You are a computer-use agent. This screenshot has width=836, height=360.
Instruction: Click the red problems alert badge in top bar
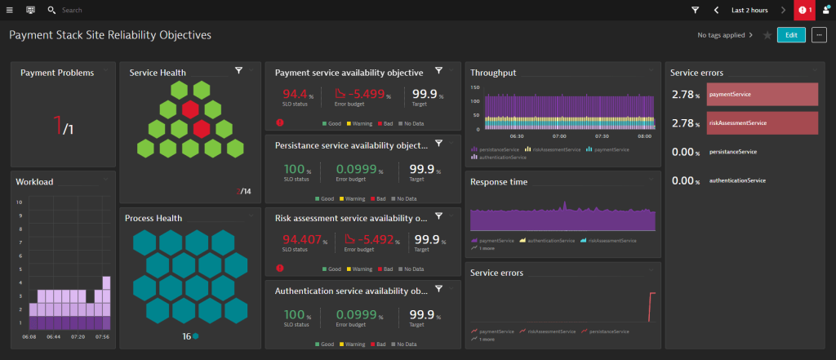804,10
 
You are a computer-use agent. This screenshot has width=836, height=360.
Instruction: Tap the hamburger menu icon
10,10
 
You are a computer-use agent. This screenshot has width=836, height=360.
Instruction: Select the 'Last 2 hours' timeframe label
749,11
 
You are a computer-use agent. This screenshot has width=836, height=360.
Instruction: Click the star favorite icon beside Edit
767,35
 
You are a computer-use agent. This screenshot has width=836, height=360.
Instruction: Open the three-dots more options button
819,35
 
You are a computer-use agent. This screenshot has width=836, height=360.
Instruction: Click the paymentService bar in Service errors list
762,95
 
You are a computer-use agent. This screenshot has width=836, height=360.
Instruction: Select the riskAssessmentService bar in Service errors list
762,123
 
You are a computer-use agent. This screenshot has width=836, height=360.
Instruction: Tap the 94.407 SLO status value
300,240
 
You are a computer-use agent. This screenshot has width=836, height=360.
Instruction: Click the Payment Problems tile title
56,73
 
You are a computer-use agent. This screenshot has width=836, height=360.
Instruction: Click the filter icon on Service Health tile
238,71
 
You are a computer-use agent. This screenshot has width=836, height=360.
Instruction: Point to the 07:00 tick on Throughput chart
559,137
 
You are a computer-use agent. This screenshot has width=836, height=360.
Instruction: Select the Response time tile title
498,181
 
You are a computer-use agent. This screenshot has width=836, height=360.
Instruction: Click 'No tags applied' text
720,35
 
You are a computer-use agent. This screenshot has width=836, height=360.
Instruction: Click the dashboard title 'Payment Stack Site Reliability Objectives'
109,35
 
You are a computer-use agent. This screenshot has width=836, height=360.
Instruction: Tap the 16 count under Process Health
186,336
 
